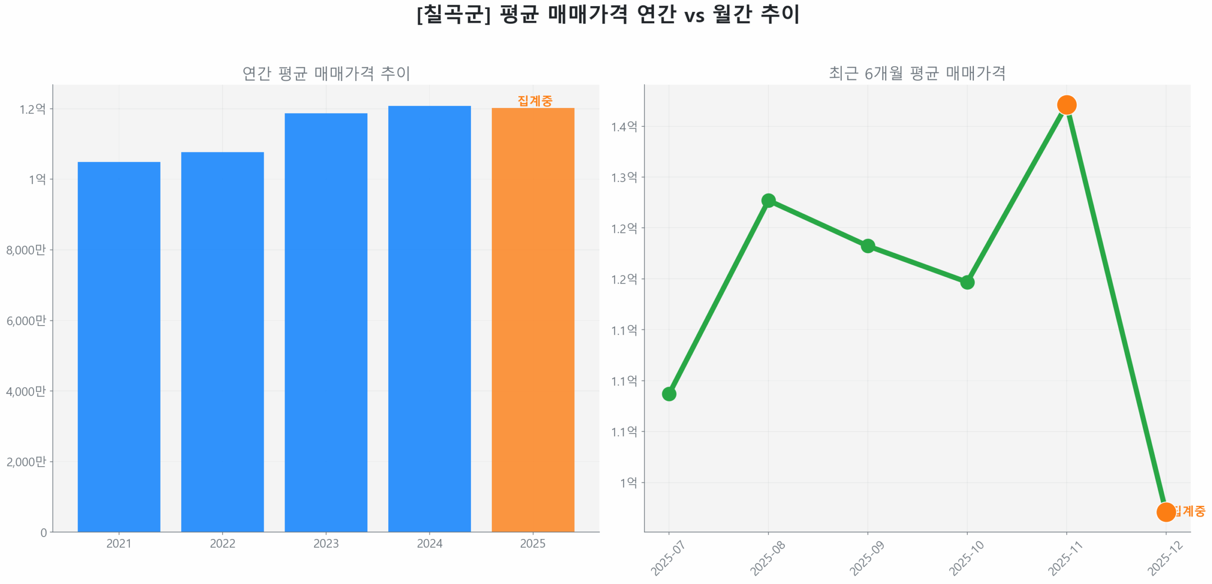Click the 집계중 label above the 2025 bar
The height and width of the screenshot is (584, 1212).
point(535,100)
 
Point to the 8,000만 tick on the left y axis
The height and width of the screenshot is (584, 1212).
point(26,249)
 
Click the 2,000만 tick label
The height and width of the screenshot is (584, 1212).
point(26,461)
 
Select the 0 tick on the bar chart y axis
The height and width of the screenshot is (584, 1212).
point(44,532)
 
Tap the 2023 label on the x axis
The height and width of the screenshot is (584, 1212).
point(326,543)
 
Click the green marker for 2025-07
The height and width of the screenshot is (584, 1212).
point(668,393)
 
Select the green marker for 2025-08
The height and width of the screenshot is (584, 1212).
point(768,201)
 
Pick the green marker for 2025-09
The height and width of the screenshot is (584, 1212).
point(867,246)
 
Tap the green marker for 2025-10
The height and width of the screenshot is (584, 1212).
point(967,282)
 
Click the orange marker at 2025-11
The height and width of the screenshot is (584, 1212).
point(1066,105)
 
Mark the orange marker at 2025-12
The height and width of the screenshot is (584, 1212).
point(1165,512)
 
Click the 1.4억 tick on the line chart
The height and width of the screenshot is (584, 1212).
point(624,126)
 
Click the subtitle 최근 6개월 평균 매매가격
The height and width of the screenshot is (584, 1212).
point(917,73)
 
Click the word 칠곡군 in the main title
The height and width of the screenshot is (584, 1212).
point(453,14)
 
